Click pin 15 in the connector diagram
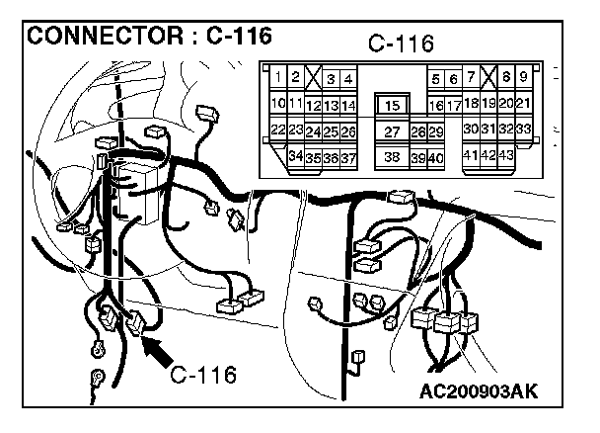(392, 105)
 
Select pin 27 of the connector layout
(392, 131)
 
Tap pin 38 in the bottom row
(392, 157)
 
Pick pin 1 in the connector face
(278, 77)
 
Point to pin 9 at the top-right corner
(523, 77)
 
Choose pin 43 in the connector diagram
(506, 155)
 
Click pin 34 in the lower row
(296, 156)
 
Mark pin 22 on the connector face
(278, 130)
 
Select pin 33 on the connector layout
(523, 129)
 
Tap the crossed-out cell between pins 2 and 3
(314, 77)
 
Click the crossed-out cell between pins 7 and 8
(488, 77)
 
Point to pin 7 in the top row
(471, 77)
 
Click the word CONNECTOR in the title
(106, 36)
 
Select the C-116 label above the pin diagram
(401, 43)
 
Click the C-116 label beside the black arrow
(203, 375)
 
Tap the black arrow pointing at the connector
(157, 351)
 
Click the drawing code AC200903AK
(479, 391)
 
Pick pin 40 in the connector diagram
(436, 158)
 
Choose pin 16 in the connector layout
(436, 106)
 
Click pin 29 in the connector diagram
(436, 131)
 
